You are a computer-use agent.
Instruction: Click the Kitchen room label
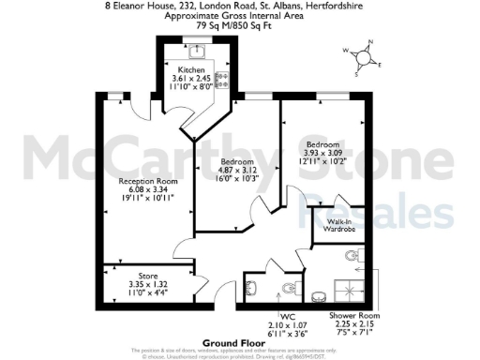186,70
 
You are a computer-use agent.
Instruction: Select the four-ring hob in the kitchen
223,79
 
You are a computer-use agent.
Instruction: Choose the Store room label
148,276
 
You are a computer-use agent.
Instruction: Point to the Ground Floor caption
240,344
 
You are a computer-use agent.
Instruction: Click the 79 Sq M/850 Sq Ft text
240,25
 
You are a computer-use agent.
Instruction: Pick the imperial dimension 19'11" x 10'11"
141,197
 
